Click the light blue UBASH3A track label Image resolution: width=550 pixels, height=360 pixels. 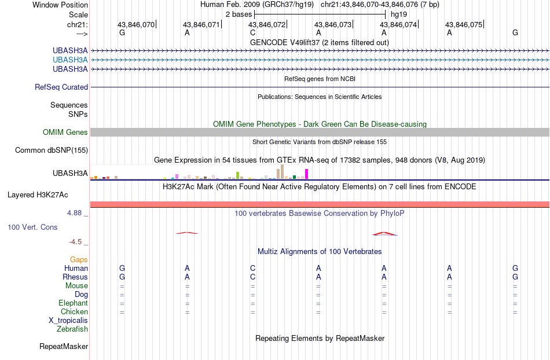pos(70,60)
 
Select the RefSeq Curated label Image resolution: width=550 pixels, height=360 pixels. pos(61,87)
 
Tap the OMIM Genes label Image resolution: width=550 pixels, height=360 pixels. pos(65,132)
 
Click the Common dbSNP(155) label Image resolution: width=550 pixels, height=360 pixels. pos(52,150)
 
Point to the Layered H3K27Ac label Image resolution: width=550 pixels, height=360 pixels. pos(38,195)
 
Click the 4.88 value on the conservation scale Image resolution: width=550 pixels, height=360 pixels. pos(74,213)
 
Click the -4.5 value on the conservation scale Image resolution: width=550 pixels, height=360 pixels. pos(75,242)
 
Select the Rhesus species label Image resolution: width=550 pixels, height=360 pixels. pos(75,277)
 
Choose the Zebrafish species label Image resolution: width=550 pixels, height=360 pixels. pos(72,329)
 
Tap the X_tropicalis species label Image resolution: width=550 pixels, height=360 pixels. pos(68,321)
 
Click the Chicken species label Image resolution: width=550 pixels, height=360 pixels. pos(74,311)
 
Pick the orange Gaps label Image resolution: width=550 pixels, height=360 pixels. pos(79,260)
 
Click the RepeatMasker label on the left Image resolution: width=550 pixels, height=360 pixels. pos(64,346)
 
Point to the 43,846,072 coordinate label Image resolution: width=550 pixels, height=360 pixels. pos(267,24)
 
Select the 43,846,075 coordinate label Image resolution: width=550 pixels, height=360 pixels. pos(464,24)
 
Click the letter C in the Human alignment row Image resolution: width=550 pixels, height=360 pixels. pos(253,268)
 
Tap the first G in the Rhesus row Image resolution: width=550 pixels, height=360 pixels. pos(122,277)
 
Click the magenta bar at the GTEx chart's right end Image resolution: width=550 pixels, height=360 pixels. pos(307,174)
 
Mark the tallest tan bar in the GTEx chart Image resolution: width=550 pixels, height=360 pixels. pos(282,172)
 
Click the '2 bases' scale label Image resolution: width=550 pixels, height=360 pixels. pos(239,14)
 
